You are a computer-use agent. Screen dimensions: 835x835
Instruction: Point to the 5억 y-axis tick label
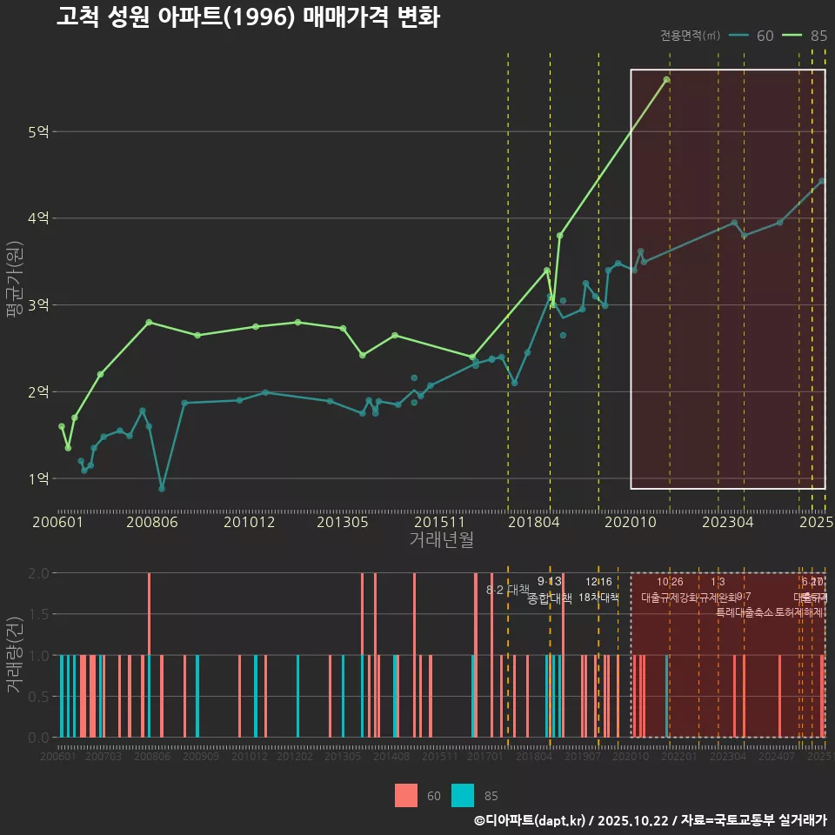click(x=38, y=132)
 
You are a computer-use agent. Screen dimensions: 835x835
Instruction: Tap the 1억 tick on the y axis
click(x=38, y=478)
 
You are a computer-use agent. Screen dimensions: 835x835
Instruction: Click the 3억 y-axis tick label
click(x=38, y=305)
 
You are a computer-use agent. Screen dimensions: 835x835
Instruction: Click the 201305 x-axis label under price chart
click(x=342, y=523)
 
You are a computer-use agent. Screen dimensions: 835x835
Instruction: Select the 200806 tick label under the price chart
click(x=151, y=523)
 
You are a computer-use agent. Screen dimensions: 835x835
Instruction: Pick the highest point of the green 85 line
click(x=666, y=79)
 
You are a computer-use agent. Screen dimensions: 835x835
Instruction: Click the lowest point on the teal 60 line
click(x=162, y=489)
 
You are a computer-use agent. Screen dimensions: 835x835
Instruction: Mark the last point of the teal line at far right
click(x=822, y=181)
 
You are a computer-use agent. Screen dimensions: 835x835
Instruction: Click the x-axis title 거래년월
click(x=441, y=540)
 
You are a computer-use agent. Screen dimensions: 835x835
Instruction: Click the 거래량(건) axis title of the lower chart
click(x=14, y=655)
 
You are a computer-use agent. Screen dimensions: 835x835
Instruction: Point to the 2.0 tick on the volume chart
click(x=38, y=573)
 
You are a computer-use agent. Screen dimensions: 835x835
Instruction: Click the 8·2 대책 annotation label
click(x=508, y=590)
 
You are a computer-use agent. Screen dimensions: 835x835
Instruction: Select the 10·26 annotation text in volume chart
click(x=670, y=582)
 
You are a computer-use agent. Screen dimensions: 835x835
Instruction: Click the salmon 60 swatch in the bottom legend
click(x=405, y=795)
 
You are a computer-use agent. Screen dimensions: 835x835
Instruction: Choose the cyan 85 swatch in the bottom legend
click(x=464, y=795)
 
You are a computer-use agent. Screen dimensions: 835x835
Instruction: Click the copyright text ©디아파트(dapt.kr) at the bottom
click(x=531, y=820)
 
